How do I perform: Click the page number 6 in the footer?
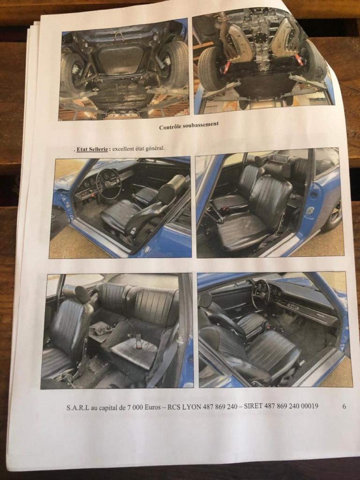344,406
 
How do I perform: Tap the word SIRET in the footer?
253,406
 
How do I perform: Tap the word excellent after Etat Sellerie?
122,149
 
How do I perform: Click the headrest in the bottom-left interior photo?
82,294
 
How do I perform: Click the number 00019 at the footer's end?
308,406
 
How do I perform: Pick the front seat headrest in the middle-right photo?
277,170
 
